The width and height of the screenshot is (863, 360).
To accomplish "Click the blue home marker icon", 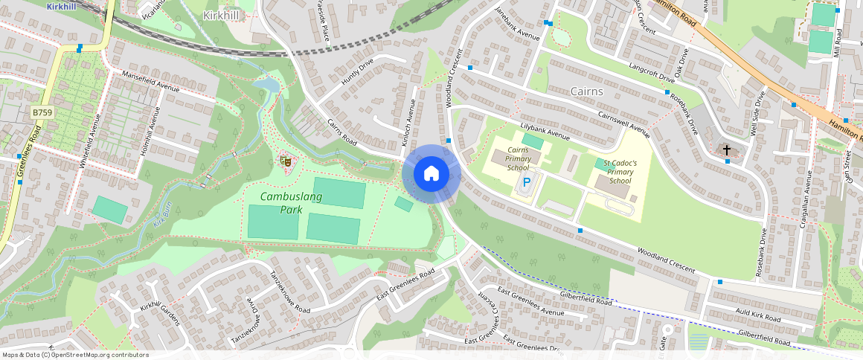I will click(x=431, y=174).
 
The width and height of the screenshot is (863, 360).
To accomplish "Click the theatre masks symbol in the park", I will click(x=284, y=160).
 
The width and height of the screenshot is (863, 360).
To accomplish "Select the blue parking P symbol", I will click(x=527, y=182).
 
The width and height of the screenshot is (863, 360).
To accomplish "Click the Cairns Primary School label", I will click(x=518, y=158).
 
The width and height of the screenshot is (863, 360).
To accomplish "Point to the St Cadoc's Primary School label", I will click(x=620, y=172).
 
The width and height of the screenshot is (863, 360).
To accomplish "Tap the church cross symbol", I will click(x=727, y=150).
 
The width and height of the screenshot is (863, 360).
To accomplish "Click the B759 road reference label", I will click(x=42, y=112).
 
